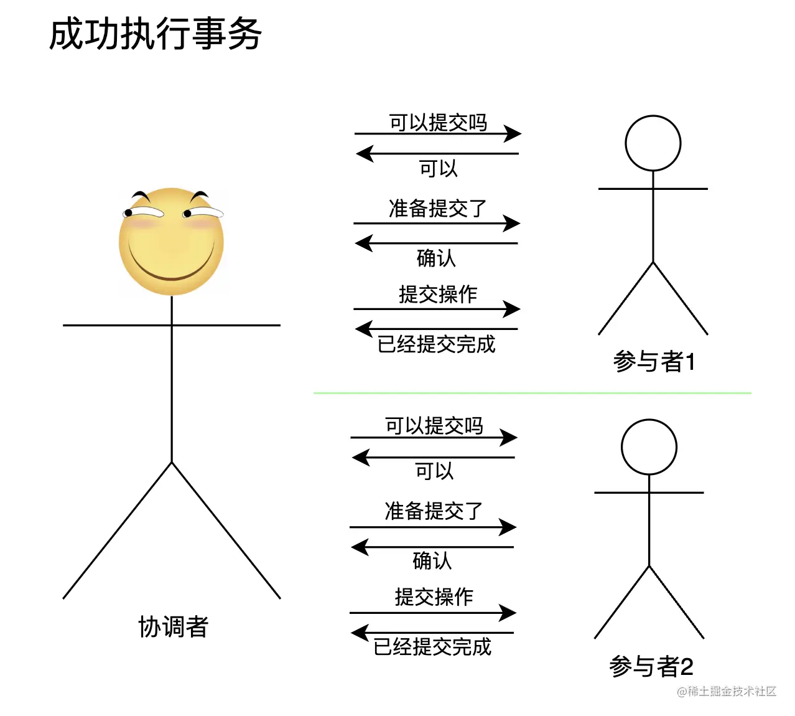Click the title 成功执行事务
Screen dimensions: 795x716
156,34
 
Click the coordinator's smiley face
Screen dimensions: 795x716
171,242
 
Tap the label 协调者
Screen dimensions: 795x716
173,626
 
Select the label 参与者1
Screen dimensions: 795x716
654,361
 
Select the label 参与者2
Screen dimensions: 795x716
651,666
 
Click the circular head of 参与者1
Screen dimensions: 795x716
653,143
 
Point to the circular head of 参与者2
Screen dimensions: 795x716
649,447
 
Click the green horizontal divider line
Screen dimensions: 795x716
532,393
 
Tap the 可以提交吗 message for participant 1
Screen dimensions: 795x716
438,123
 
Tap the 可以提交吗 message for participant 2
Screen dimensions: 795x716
434,426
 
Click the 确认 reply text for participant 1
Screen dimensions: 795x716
436,258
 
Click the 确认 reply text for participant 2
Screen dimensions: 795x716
432,560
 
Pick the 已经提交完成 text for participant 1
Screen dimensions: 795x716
436,344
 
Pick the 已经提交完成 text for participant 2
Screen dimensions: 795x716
432,647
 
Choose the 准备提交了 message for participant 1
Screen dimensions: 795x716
437,208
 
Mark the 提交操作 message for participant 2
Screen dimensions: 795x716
434,596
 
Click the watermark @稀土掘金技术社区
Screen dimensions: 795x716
727,691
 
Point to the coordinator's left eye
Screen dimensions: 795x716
144,214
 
